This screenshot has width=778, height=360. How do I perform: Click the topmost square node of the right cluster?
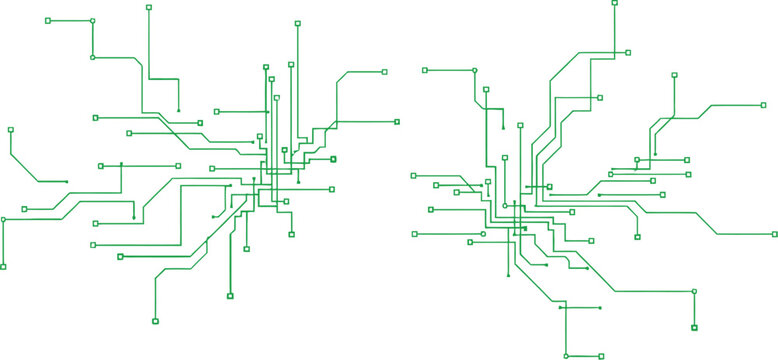[x=614, y=3]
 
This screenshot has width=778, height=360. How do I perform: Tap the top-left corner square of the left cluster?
[x=48, y=20]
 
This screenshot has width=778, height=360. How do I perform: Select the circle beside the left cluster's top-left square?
[x=93, y=20]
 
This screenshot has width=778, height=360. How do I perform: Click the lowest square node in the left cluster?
[x=155, y=321]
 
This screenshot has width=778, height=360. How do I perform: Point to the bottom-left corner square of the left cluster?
[x=3, y=266]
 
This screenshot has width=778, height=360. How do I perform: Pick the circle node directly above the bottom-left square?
[x=3, y=219]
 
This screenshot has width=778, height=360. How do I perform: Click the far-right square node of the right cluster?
[x=774, y=234]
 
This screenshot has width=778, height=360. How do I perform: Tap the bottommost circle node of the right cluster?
[x=566, y=355]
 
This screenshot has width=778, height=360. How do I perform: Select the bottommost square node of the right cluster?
[x=600, y=355]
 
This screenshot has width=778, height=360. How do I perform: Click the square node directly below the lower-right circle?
[x=694, y=327]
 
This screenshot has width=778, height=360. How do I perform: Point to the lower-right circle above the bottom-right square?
[x=694, y=291]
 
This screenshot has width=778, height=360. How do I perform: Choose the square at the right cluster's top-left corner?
[x=425, y=70]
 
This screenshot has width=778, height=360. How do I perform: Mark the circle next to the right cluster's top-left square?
[x=475, y=70]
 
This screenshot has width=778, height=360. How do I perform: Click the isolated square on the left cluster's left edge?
[x=10, y=130]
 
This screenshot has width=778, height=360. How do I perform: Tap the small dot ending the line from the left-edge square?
[x=66, y=181]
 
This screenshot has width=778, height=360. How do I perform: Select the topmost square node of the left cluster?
[x=149, y=7]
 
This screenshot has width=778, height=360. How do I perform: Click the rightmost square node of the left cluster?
[x=397, y=121]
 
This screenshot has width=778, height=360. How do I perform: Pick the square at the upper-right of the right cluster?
[x=763, y=104]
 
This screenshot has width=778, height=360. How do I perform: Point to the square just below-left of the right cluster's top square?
[x=628, y=52]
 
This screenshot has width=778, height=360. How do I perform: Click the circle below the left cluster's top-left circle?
[x=93, y=57]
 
